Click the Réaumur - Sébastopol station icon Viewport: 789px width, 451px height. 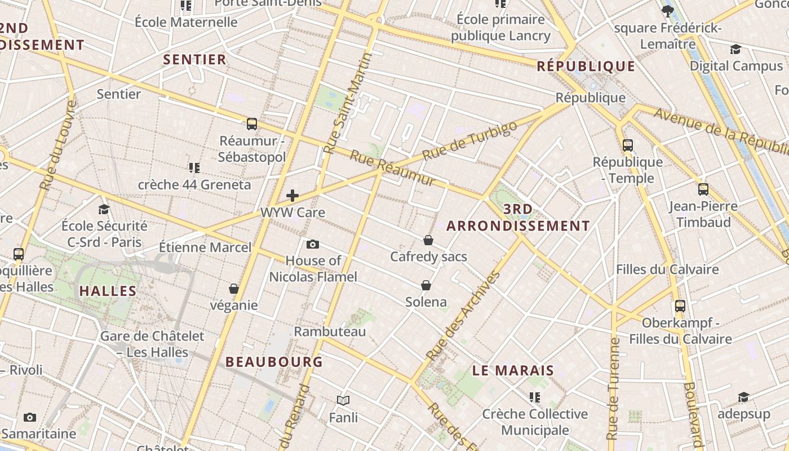click(x=252, y=124)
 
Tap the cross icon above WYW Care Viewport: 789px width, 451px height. click(x=292, y=196)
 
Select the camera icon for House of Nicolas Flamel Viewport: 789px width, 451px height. click(x=313, y=244)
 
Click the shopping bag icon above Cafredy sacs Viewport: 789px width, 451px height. click(x=428, y=241)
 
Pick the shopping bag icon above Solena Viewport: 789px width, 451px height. click(x=426, y=285)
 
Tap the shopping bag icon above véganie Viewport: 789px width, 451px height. click(x=234, y=289)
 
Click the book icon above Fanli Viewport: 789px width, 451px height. click(x=343, y=401)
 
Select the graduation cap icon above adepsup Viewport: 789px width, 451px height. click(x=743, y=397)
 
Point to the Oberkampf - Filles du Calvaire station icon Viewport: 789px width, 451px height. click(x=680, y=306)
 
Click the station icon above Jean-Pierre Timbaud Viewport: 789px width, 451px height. click(x=703, y=189)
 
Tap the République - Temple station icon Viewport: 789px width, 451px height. click(x=628, y=145)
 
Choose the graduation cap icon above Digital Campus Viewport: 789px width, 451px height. click(x=735, y=50)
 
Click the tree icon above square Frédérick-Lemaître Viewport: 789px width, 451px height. click(x=668, y=11)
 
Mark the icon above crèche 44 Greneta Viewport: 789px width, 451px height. click(x=194, y=167)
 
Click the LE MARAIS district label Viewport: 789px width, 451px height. click(x=513, y=371)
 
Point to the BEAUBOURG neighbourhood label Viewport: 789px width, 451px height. click(x=274, y=362)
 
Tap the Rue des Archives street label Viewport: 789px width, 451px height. click(x=463, y=317)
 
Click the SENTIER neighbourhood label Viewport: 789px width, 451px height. click(x=194, y=60)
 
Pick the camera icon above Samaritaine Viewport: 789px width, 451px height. click(x=30, y=417)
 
